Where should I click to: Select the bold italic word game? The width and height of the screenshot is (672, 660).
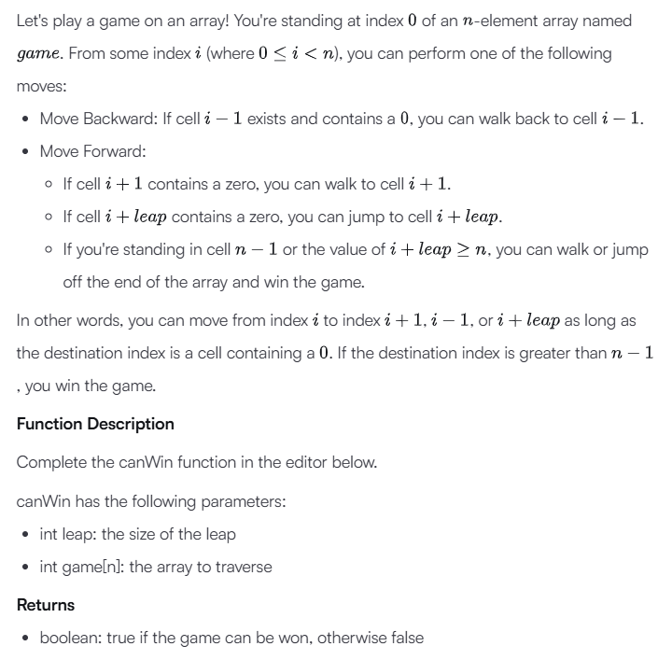tap(40, 54)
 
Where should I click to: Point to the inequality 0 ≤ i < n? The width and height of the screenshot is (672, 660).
tap(285, 54)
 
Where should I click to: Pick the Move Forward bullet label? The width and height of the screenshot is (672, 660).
tap(91, 150)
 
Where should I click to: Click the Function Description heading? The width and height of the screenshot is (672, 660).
tap(95, 424)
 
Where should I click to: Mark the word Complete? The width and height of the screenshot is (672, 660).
tap(51, 462)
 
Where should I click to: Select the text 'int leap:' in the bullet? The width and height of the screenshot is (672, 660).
tap(68, 534)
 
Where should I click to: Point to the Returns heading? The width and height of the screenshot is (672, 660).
tap(46, 605)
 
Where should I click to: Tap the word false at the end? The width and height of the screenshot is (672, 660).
tap(403, 638)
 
